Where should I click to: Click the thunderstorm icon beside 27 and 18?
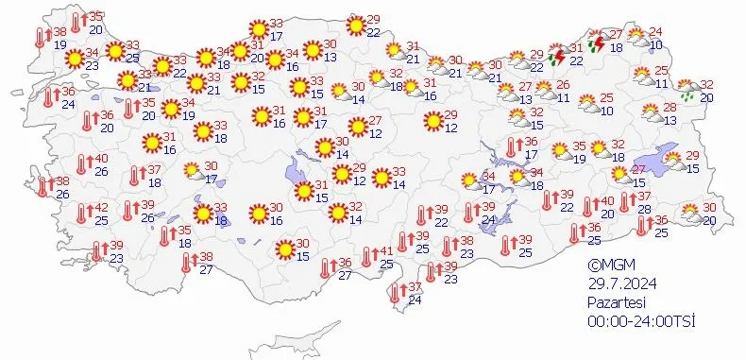pos(598,42)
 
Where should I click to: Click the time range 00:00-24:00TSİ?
pos(640,322)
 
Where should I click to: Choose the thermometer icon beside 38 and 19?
pos(42,38)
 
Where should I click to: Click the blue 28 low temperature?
pos(645,209)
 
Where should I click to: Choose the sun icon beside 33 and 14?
pos(381,178)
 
